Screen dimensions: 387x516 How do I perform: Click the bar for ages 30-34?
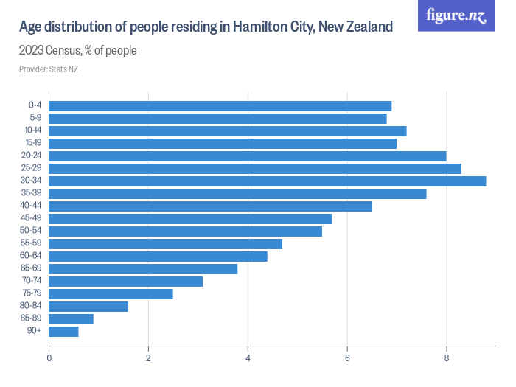pyautogui.click(x=268, y=181)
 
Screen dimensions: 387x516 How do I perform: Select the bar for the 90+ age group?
pyautogui.click(x=63, y=332)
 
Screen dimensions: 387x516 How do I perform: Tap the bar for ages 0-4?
pyautogui.click(x=220, y=106)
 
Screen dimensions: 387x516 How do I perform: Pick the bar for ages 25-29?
pyautogui.click(x=255, y=169)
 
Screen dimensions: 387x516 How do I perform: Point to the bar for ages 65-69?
pyautogui.click(x=143, y=269)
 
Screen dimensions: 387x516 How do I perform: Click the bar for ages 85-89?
pyautogui.click(x=71, y=319)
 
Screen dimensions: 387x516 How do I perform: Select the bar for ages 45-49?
pyautogui.click(x=190, y=219)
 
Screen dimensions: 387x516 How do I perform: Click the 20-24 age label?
pyautogui.click(x=33, y=156)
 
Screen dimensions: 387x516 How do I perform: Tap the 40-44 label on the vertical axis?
pyautogui.click(x=33, y=206)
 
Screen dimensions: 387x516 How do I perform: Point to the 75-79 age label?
pyautogui.click(x=33, y=294)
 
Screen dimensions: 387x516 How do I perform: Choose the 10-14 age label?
pyautogui.click(x=33, y=130)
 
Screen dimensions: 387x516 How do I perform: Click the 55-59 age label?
pyautogui.click(x=33, y=244)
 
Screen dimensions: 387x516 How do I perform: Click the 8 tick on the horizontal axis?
pyautogui.click(x=447, y=358)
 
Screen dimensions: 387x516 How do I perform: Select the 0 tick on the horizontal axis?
pyautogui.click(x=49, y=358)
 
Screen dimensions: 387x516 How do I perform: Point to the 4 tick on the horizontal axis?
pyautogui.click(x=248, y=358)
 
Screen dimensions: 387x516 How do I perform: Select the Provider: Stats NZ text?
pyautogui.click(x=48, y=69)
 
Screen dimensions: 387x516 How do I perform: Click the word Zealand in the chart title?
pyautogui.click(x=365, y=27)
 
